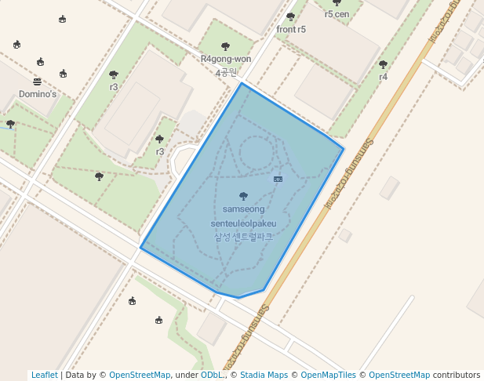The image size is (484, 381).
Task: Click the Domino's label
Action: pos(38,94)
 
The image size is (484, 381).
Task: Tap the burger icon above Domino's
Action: pos(37,82)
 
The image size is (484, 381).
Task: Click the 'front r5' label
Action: pos(291,30)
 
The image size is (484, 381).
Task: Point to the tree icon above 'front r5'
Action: pos(290,16)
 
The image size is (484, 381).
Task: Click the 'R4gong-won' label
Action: pos(226,59)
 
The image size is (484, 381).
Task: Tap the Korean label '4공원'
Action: pos(226,72)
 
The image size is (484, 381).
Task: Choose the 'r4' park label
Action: pos(383,77)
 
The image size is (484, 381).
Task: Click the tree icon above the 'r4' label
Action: pos(383,64)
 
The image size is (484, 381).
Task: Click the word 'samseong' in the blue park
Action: pos(243,209)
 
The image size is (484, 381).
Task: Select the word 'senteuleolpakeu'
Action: pos(243,223)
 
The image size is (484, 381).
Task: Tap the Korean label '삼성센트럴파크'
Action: pos(243,236)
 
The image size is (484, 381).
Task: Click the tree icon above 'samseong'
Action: pos(243,196)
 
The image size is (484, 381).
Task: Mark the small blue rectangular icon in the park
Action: pos(278,180)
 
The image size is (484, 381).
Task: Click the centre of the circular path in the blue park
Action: pos(257,151)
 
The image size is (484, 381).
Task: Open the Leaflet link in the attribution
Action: pos(44,375)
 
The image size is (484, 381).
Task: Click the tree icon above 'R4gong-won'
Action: pos(226,46)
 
